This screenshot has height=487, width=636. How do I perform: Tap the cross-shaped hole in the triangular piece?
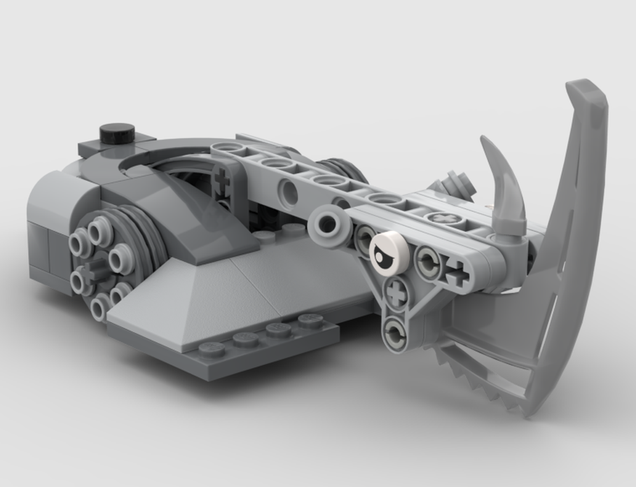click(x=397, y=294)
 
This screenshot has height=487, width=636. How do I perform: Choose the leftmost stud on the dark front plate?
click(x=212, y=349)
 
